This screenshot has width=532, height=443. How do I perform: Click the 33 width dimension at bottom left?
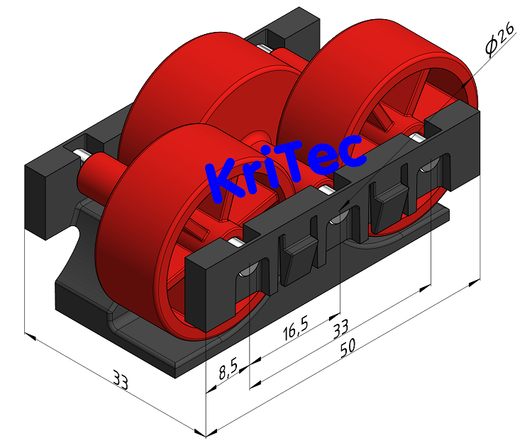(121, 381)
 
